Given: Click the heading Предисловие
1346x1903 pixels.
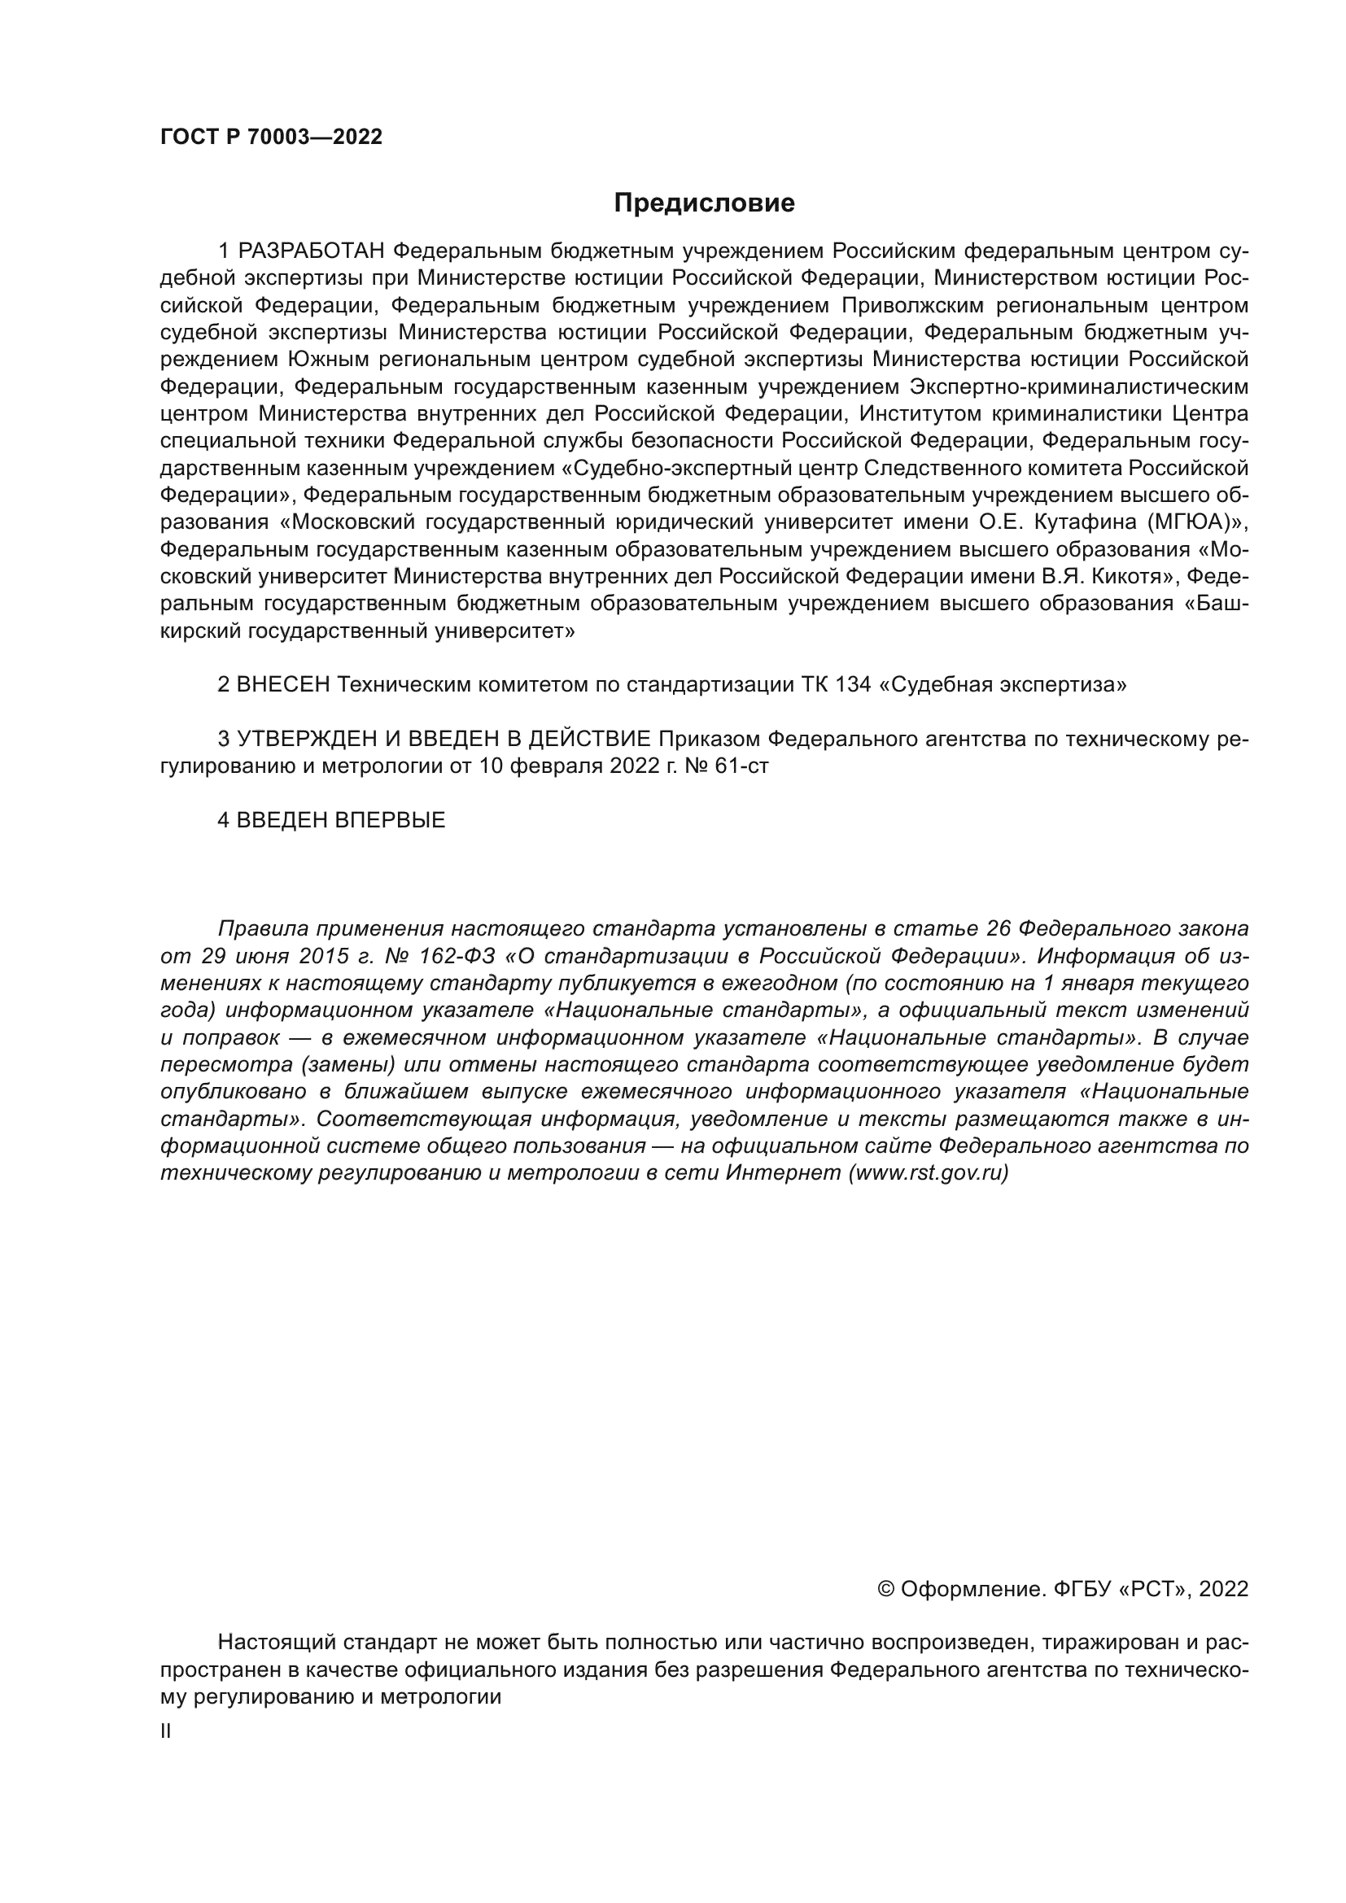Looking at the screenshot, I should pos(704,203).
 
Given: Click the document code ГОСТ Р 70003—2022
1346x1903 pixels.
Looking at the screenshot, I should pos(271,137).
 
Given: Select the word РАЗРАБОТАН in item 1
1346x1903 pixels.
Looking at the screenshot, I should pos(312,251).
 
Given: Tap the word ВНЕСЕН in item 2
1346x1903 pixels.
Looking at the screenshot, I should pos(282,684).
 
